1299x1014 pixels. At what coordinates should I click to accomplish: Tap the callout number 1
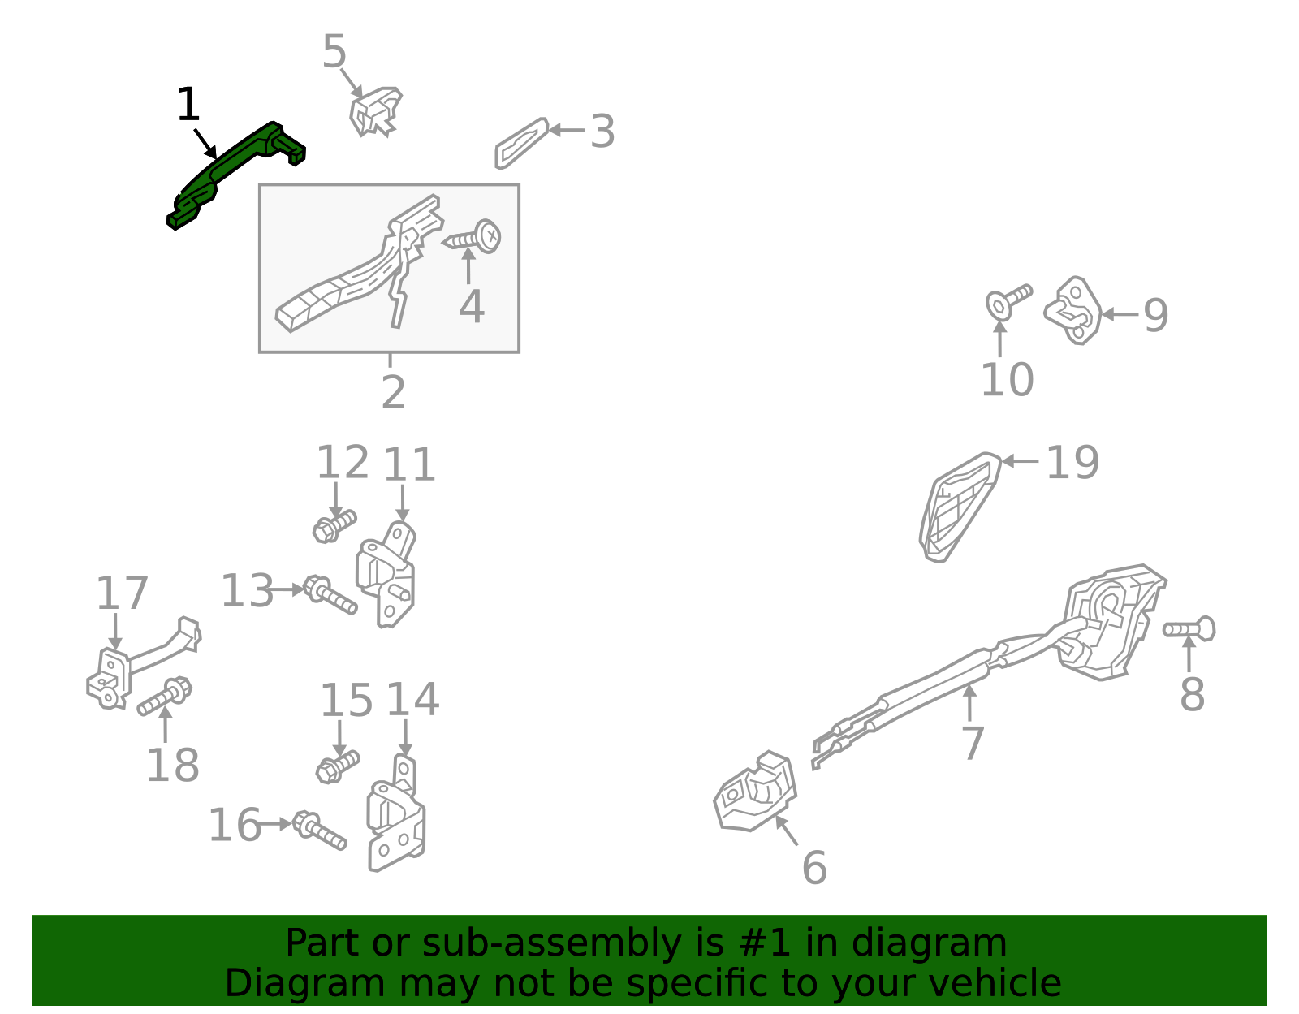coord(188,106)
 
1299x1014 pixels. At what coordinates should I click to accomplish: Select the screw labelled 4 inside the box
coord(472,238)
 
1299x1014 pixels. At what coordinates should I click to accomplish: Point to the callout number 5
coord(334,51)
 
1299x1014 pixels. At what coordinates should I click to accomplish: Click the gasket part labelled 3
coord(522,144)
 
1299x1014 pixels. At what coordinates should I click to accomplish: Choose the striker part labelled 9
coord(1073,310)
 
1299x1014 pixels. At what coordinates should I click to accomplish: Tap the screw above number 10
coord(1008,300)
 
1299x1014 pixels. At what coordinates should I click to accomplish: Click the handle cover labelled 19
coord(960,508)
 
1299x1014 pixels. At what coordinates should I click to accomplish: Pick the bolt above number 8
coord(1189,629)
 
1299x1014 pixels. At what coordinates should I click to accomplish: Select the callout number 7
coord(973,743)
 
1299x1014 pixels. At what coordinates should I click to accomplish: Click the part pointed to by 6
coord(755,791)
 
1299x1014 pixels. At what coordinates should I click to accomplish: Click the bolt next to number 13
coord(330,594)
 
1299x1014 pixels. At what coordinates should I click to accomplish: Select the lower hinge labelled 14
coord(396,813)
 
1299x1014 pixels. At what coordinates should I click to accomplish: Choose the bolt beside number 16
coord(319,831)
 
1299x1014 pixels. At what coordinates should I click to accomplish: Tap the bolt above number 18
coord(164,696)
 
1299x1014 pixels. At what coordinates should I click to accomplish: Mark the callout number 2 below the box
coord(394,393)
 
